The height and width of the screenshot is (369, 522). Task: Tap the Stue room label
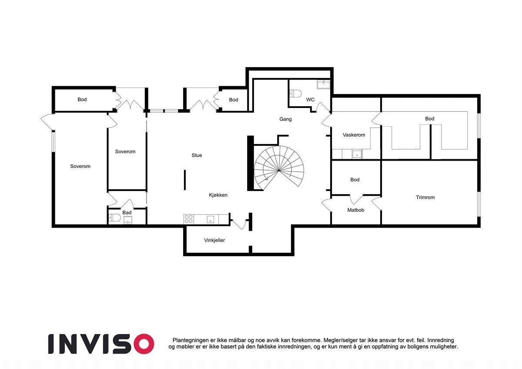click(197, 155)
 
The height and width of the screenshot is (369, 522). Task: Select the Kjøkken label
click(218, 195)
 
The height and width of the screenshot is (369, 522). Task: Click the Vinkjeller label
click(214, 240)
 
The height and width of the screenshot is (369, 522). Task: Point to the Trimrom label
click(425, 198)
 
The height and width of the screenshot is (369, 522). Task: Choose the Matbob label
click(355, 210)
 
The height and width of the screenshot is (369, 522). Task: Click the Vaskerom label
click(354, 135)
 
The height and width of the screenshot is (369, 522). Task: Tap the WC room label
click(310, 100)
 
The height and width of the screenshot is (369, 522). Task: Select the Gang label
click(285, 119)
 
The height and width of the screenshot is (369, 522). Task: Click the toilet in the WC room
click(296, 93)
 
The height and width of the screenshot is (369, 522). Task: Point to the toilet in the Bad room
click(114, 218)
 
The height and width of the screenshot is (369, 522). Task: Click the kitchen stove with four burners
click(188, 219)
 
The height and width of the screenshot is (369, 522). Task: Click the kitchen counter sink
click(211, 219)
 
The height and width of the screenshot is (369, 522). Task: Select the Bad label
click(127, 213)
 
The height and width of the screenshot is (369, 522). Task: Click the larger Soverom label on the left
click(80, 166)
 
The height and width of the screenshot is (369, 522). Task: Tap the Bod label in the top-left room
click(82, 100)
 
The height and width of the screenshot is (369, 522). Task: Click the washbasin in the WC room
click(323, 85)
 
